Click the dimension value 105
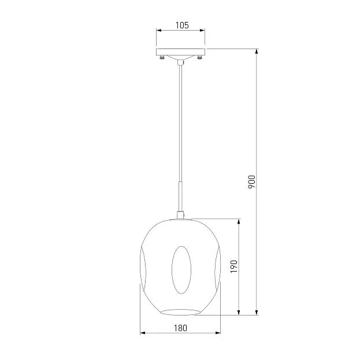tap(182, 25)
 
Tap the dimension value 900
tap(251, 182)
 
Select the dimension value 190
tap(234, 266)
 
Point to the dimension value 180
tap(180, 328)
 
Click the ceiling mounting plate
tap(180, 52)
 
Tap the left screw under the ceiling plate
tap(162, 57)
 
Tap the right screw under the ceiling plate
tap(199, 57)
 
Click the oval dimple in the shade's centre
tap(181, 270)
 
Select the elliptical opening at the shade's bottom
tap(180, 312)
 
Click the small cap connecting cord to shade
tap(180, 215)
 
